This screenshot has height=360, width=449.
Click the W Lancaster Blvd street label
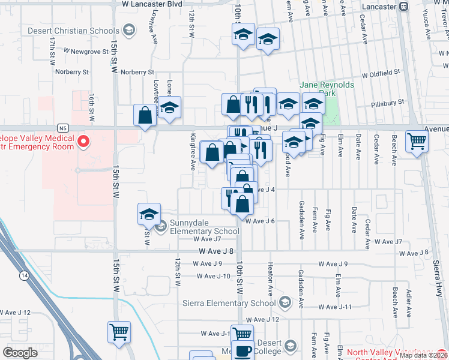(x=151, y=4)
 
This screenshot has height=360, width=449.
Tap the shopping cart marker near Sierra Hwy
(x=417, y=142)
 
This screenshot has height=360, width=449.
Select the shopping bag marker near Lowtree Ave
(x=146, y=115)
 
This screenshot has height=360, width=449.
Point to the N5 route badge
(x=62, y=128)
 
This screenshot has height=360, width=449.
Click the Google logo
(x=20, y=352)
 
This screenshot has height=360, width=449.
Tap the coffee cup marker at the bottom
(x=243, y=351)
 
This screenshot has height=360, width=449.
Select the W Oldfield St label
(x=380, y=73)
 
